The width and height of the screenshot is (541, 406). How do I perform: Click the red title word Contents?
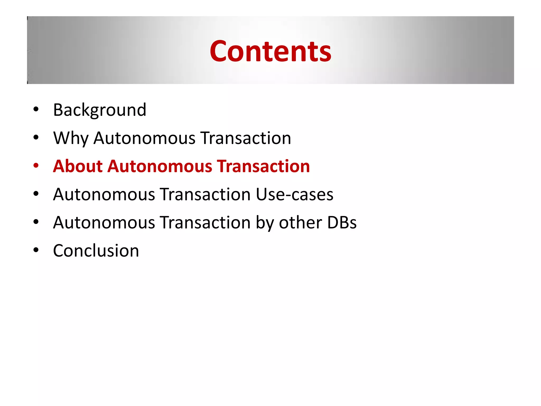[270, 51]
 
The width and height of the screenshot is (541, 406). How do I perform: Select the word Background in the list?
[100, 110]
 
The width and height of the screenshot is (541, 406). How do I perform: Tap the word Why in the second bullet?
[71, 138]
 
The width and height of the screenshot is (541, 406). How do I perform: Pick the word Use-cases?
[294, 195]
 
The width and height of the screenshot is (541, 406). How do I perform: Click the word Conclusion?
[96, 251]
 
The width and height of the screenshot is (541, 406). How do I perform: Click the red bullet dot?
[36, 166]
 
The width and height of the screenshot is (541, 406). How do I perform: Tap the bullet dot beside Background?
[36, 109]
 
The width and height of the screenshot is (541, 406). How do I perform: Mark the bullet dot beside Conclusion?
[36, 250]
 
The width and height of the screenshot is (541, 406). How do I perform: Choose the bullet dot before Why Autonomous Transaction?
[36, 137]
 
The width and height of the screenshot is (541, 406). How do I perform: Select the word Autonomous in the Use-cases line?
[104, 195]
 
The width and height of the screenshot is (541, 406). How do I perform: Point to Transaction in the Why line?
[245, 138]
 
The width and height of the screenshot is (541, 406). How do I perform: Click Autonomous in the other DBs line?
[104, 223]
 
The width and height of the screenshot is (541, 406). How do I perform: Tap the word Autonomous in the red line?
[160, 166]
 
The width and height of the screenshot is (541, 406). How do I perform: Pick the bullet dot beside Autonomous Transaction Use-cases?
[36, 194]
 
